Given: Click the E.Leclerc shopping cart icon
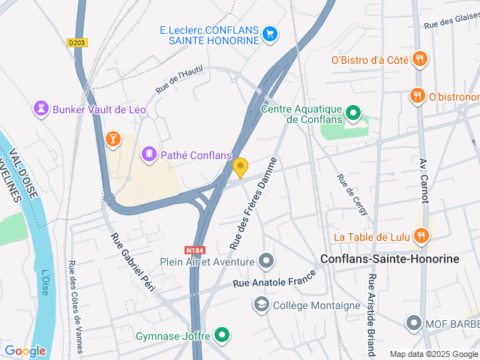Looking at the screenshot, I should pyautogui.click(x=270, y=33).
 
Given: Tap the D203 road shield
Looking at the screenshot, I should pyautogui.click(x=76, y=43).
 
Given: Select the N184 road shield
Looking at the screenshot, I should pyautogui.click(x=195, y=250).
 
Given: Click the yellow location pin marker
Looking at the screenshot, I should pyautogui.click(x=240, y=166).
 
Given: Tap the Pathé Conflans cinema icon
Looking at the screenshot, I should pyautogui.click(x=149, y=154).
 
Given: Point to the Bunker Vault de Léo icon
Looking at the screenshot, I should pyautogui.click(x=40, y=109).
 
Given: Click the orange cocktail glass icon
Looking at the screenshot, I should pyautogui.click(x=112, y=138).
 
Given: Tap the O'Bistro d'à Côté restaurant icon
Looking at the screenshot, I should pyautogui.click(x=420, y=59).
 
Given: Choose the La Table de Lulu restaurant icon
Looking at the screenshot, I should pyautogui.click(x=421, y=237).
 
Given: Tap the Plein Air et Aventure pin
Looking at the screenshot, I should pyautogui.click(x=266, y=262).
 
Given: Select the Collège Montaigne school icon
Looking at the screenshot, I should pyautogui.click(x=261, y=304).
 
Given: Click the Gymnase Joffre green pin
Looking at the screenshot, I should pyautogui.click(x=221, y=335).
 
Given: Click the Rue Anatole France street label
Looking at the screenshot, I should pyautogui.click(x=271, y=282).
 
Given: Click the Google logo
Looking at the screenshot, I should pyautogui.click(x=25, y=350).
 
